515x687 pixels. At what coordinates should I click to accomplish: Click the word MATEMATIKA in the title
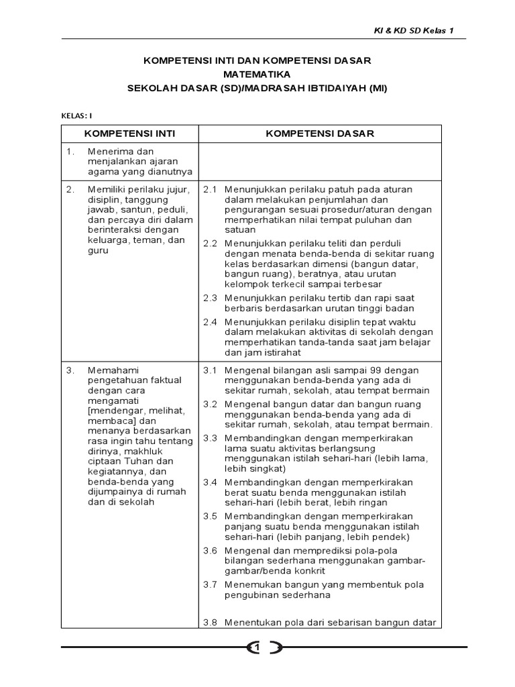[x=257, y=74]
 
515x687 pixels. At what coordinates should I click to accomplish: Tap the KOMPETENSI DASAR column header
[x=320, y=134]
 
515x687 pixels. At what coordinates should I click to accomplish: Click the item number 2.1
[x=211, y=190]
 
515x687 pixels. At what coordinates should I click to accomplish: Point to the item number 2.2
[x=211, y=243]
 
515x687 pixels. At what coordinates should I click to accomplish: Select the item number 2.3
[x=211, y=297]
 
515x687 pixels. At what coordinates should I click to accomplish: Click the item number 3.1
[x=211, y=370]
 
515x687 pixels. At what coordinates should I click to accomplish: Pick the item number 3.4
[x=211, y=482]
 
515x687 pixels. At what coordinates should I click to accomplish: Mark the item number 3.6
[x=211, y=550]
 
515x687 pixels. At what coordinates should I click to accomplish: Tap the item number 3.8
[x=211, y=623]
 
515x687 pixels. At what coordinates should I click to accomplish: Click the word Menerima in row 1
[x=107, y=151]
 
